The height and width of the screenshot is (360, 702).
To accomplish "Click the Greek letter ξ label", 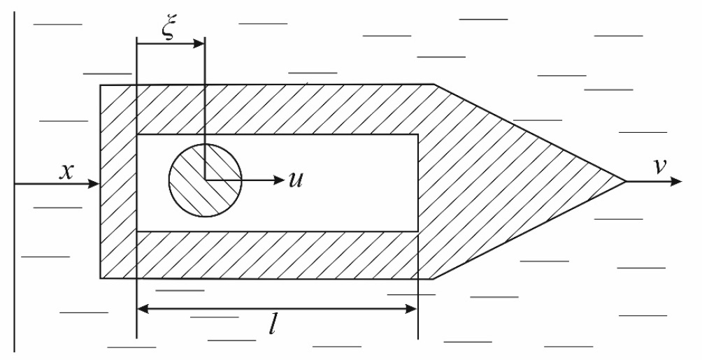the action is pos(168,30).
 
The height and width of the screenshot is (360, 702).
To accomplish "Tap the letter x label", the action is pos(66,171).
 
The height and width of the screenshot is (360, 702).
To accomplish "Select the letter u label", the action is pos(296,180).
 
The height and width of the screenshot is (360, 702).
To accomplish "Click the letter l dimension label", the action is pos(272,326).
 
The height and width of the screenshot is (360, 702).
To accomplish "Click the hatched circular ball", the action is pos(206,180).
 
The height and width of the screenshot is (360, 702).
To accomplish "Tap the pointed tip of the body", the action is pos(626,181).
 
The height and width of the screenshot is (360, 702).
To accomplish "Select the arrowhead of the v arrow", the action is pos(676,181).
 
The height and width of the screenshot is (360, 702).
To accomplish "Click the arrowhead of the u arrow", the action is pos(279,180).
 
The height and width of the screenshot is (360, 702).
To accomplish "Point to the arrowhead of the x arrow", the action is pos(93,184).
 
